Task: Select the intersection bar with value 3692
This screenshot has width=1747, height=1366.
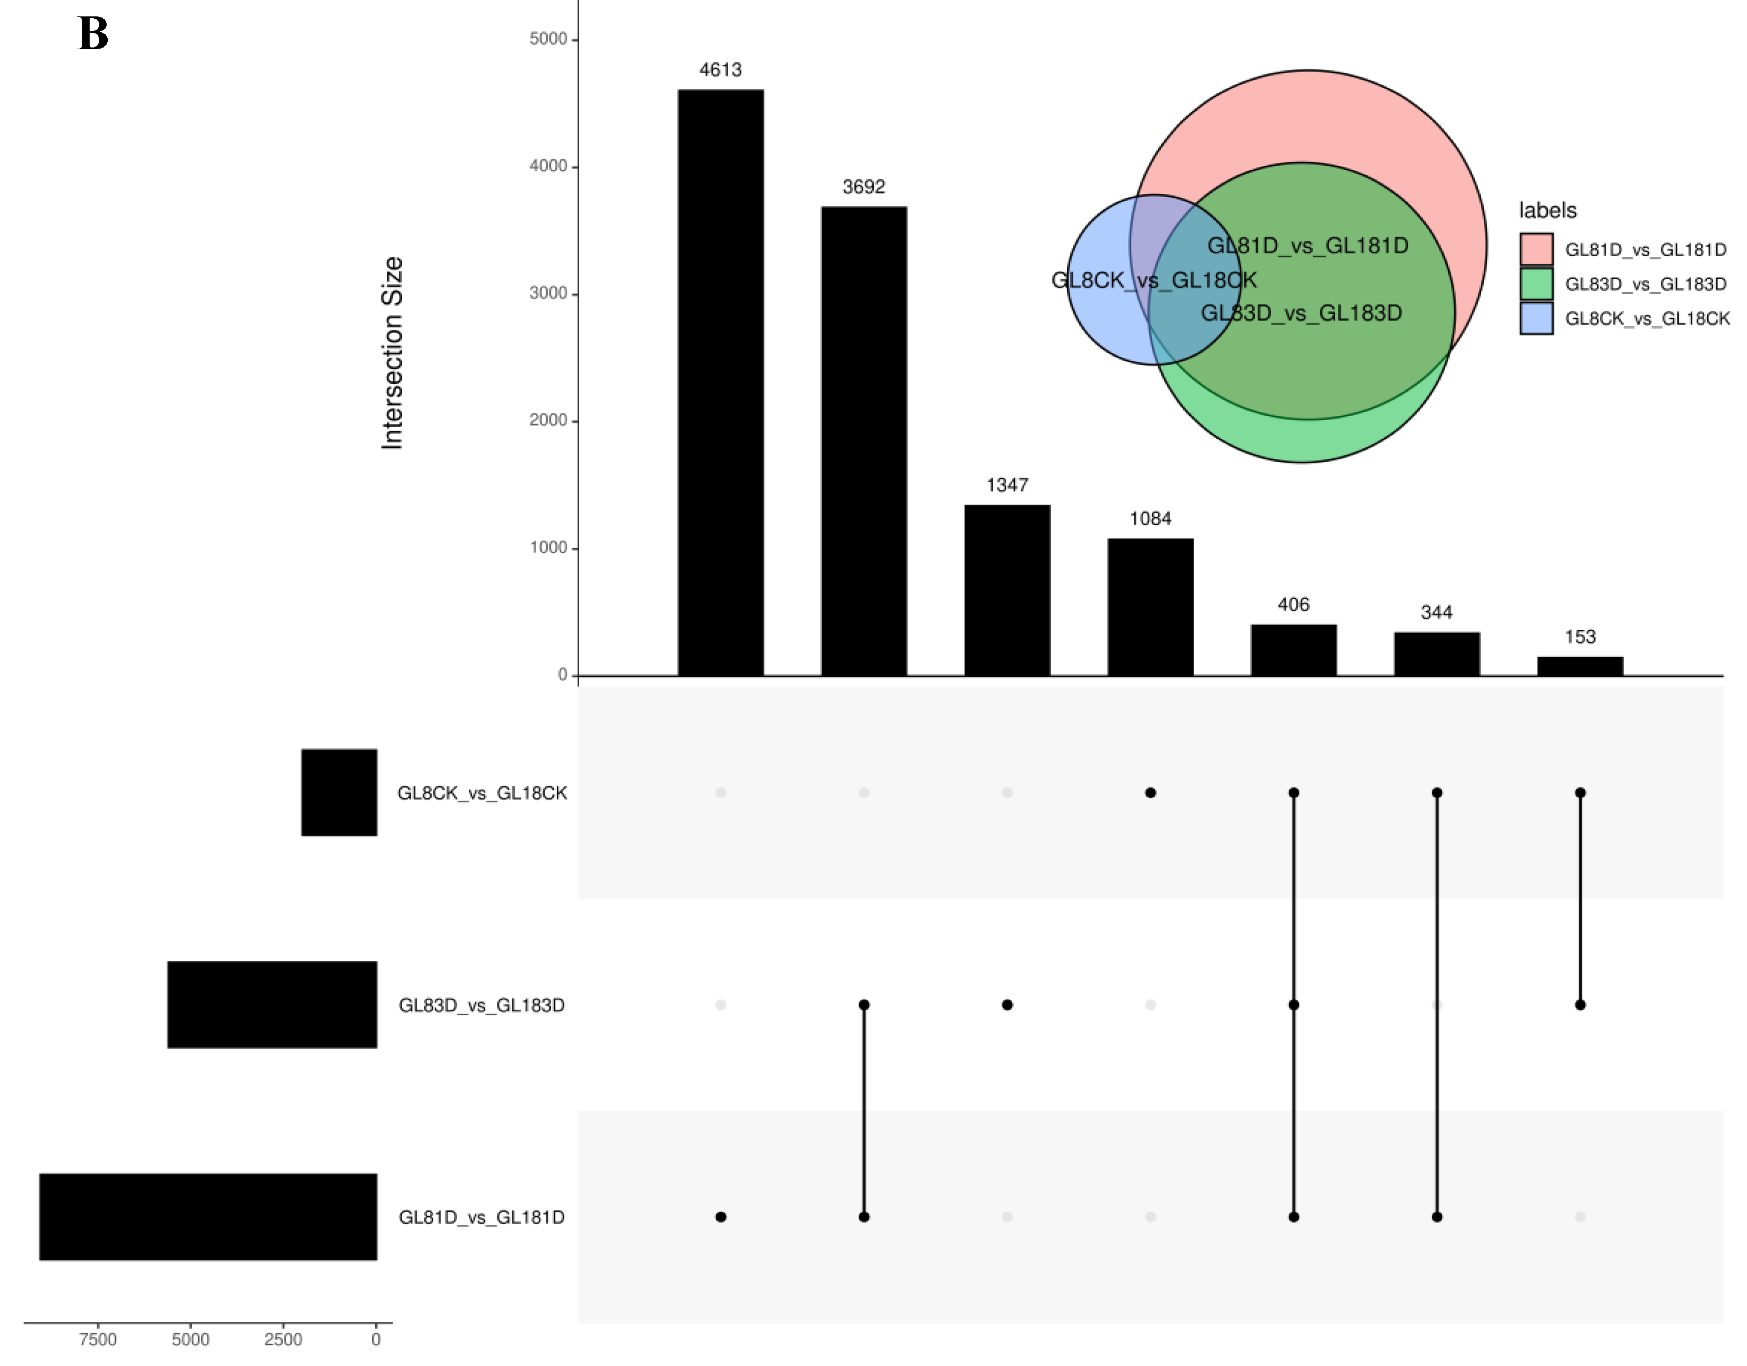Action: (863, 441)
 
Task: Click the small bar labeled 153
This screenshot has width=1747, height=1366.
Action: (1580, 666)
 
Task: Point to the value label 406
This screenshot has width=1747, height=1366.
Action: (1293, 605)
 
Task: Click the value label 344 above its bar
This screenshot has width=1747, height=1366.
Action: (1436, 612)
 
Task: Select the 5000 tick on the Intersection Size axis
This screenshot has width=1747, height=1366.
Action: (548, 39)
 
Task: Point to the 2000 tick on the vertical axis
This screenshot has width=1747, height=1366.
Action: (548, 421)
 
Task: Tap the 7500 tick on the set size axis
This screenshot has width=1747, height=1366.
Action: (98, 1340)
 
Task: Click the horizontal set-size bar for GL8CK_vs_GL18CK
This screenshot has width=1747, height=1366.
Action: (339, 792)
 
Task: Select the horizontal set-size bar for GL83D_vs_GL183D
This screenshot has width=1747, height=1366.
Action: (272, 1004)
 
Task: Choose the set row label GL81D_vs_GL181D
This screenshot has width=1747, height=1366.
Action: (482, 1217)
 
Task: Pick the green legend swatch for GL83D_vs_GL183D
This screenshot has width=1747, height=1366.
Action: (1536, 284)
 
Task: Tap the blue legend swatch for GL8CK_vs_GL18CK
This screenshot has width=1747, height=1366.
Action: (1536, 318)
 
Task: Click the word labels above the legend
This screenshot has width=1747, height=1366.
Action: (1547, 210)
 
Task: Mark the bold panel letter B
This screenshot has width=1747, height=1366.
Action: (93, 35)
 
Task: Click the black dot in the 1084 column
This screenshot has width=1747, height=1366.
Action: (1150, 792)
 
